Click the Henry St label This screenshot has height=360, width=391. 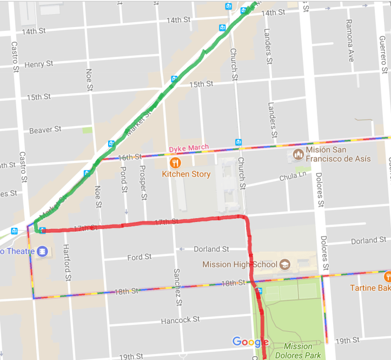(39, 64)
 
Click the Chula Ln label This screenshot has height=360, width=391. (293, 177)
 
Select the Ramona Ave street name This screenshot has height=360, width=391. (349, 41)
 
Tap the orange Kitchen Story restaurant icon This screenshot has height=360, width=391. (175, 162)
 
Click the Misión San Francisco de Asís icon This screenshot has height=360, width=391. (297, 155)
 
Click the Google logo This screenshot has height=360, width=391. (250, 342)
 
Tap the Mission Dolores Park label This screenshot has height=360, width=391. (297, 351)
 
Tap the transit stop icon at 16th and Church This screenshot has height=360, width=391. (238, 142)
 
